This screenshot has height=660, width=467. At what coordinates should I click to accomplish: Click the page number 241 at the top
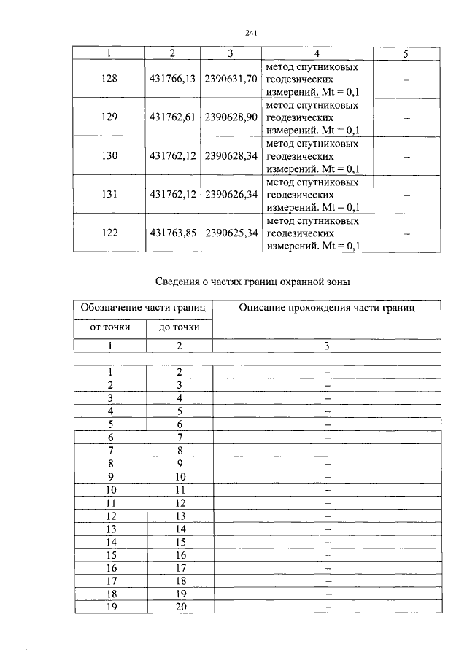[x=252, y=32]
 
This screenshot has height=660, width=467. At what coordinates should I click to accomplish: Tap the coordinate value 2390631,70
[x=231, y=79]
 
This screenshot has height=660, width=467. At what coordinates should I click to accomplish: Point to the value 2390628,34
[x=231, y=155]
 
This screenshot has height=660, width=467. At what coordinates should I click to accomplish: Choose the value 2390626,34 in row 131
[x=231, y=194]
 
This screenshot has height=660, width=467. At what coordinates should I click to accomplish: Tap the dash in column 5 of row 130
[x=406, y=156]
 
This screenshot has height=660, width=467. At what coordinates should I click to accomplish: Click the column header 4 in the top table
[x=316, y=53]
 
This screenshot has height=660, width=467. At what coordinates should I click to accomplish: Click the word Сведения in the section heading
[x=180, y=282]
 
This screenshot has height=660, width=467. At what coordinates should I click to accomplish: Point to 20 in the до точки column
[x=179, y=606]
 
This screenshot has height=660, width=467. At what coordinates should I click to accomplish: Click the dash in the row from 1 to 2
[x=327, y=372]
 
